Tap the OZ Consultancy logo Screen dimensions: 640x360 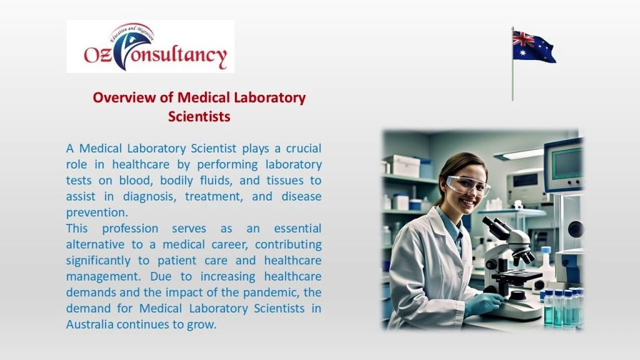(150, 46)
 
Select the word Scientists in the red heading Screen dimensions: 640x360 (199, 116)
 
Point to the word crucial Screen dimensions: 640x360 (304, 148)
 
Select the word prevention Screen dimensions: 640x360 (97, 212)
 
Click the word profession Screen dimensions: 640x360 (130, 228)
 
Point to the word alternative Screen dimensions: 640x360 (96, 244)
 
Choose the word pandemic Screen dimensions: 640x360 (271, 292)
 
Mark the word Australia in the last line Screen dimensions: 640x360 (90, 324)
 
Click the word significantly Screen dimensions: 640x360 (98, 261)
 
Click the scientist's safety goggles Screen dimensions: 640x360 (467, 185)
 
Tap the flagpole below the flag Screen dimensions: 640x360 (512, 82)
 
